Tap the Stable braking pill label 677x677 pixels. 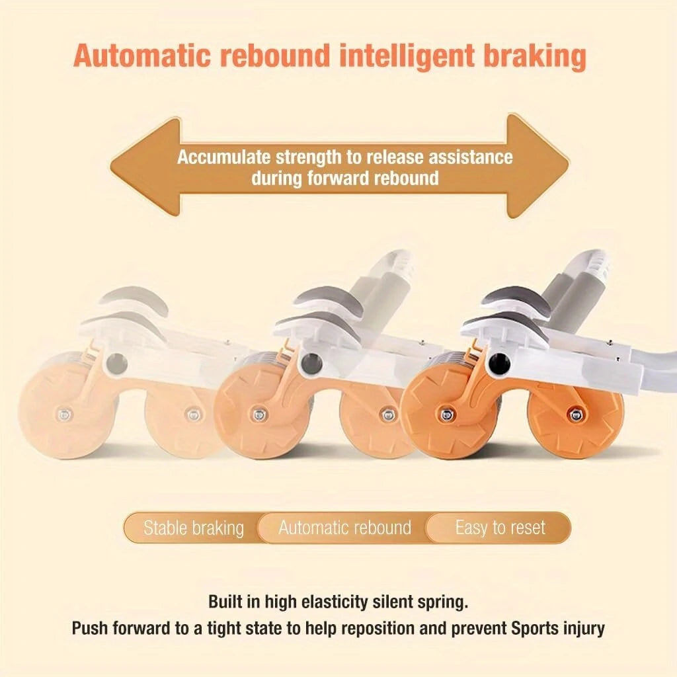(194, 528)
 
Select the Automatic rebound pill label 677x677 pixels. (344, 528)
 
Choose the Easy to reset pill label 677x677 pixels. (500, 528)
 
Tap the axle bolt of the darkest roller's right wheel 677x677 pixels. (576, 415)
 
